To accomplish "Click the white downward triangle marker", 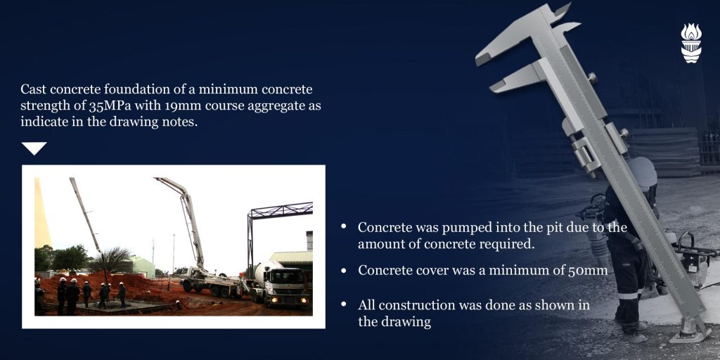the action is (x=34, y=148).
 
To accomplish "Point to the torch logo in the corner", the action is (x=691, y=43).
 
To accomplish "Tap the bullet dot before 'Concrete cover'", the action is (x=343, y=271).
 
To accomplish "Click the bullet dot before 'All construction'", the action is (x=343, y=304).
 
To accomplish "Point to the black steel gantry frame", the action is (x=280, y=211).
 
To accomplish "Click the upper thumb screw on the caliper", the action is (x=593, y=78).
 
